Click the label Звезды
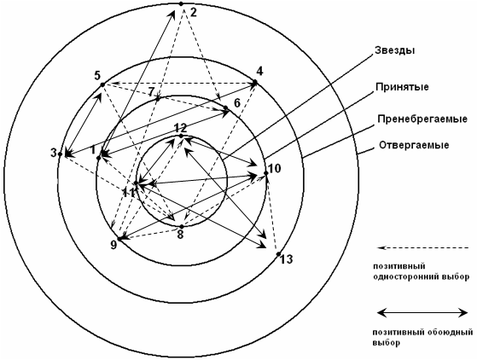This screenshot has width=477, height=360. point(394,50)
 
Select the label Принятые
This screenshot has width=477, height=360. point(402,87)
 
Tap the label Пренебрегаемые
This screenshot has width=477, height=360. point(422,119)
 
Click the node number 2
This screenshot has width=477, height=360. point(194,12)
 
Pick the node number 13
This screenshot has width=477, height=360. point(286,259)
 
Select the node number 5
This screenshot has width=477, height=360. point(97,75)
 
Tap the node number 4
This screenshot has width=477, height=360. point(259,72)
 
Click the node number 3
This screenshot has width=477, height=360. point(54,153)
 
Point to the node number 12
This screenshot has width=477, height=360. point(181,128)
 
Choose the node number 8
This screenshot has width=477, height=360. point(180,235)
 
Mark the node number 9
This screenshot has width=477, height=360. point(113,245)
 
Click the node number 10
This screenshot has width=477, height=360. point(275,168)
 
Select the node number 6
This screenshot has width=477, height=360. point(236,103)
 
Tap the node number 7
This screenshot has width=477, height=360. point(152,92)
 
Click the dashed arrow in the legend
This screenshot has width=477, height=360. point(422,247)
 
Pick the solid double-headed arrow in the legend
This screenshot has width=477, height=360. point(422,312)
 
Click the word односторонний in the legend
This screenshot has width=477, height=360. point(407,277)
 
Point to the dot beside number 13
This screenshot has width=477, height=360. point(278,254)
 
